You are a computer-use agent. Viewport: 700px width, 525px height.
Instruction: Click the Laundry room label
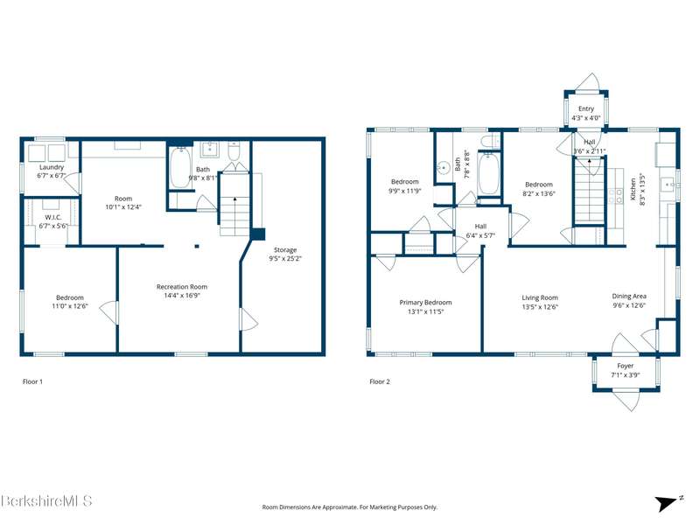point(52,167)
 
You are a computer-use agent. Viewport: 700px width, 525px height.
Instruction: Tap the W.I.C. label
point(53,217)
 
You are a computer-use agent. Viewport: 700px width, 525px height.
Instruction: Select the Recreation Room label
point(182,287)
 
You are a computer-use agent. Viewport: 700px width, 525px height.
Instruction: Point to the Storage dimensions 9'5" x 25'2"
point(285,258)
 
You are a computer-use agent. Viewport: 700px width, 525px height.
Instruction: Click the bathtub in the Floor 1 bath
point(180,168)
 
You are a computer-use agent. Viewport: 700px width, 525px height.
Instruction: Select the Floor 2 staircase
point(589,191)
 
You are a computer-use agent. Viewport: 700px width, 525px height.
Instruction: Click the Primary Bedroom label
point(425,302)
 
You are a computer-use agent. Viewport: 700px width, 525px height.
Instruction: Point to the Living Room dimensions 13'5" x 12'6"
point(540,307)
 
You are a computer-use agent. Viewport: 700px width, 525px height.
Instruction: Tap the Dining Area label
point(629,296)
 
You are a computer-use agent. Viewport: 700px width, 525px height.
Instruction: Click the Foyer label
point(626,366)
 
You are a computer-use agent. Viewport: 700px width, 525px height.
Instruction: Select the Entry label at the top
point(586,108)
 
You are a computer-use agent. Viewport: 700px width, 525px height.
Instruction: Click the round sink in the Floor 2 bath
point(444,168)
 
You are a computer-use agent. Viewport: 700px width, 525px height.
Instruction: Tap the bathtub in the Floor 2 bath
point(489,173)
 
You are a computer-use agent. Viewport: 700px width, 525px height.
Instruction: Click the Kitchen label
point(633,189)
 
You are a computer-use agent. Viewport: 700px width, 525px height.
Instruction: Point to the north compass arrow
point(666,503)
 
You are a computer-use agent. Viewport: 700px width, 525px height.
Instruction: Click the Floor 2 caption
point(380,381)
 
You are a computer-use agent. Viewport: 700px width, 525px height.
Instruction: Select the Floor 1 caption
point(32,381)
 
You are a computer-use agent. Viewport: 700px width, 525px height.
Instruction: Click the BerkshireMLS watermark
point(46,500)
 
